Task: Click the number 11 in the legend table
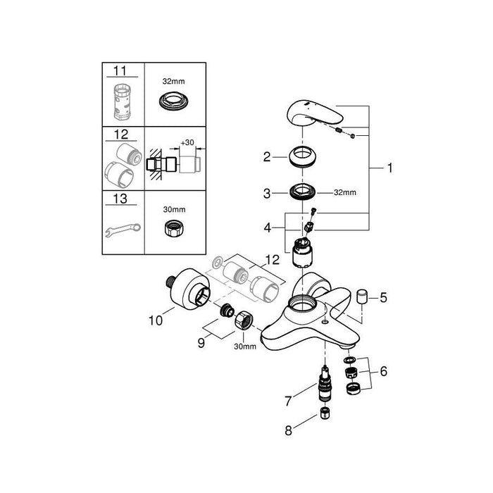[121, 70]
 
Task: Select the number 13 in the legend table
[121, 200]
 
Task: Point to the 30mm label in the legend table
[174, 208]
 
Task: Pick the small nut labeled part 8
[325, 415]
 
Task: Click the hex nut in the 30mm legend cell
[174, 230]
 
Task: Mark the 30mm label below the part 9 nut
[242, 347]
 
